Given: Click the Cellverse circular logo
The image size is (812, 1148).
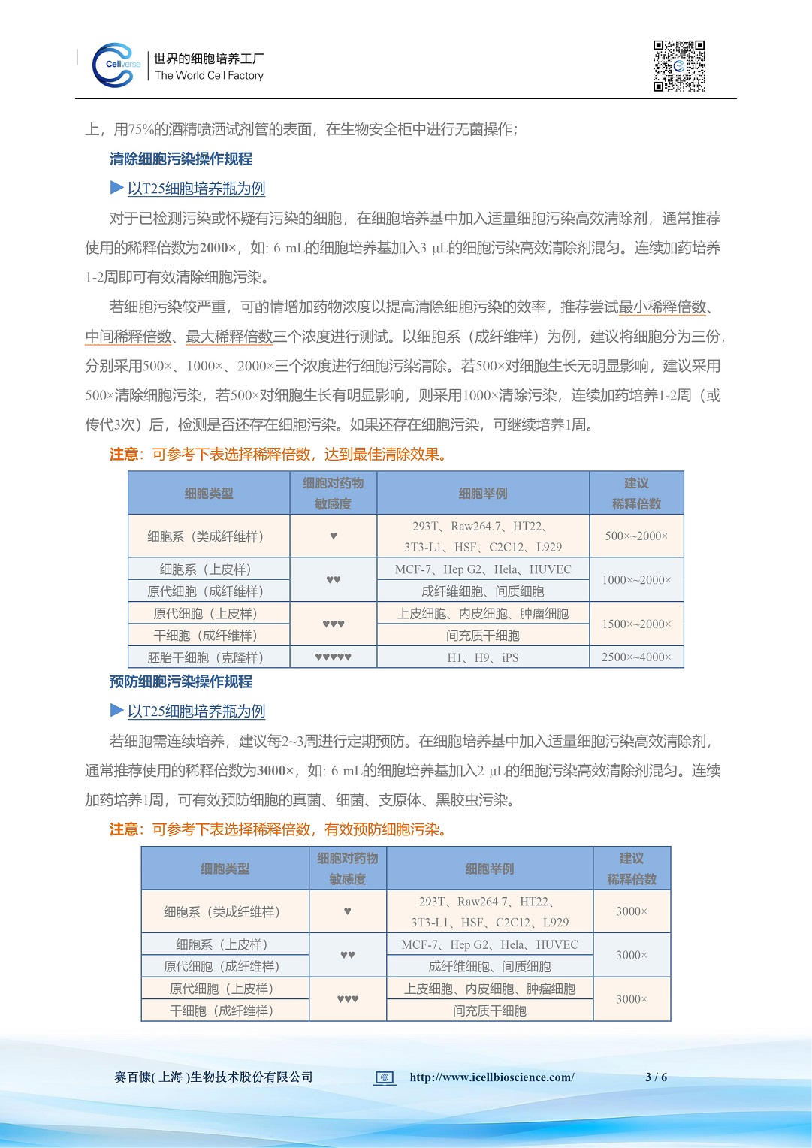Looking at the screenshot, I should click(x=116, y=65).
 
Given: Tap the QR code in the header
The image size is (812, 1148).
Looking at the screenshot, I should click(x=679, y=66).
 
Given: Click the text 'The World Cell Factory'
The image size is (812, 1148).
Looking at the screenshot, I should click(x=209, y=75).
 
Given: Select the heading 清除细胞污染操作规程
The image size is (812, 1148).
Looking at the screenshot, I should click(x=181, y=159).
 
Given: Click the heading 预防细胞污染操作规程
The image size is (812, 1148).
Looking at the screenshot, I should click(x=181, y=681).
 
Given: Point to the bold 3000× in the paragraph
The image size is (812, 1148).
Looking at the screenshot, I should click(x=275, y=771).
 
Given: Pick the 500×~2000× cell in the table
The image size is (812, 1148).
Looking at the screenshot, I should click(x=636, y=536).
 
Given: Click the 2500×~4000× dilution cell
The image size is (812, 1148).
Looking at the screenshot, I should click(x=636, y=657).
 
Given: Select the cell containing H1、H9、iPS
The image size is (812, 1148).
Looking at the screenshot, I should click(x=483, y=657).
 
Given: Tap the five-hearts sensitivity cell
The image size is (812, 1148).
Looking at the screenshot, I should click(x=333, y=657).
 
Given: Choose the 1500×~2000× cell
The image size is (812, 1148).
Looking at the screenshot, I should click(x=636, y=624).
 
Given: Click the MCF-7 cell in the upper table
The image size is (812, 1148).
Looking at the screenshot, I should click(x=483, y=569).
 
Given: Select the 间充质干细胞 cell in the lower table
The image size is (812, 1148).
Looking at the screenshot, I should click(x=490, y=1011).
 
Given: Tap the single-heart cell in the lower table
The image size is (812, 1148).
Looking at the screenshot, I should click(x=347, y=911).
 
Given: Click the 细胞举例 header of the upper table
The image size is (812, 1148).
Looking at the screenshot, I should click(x=483, y=494).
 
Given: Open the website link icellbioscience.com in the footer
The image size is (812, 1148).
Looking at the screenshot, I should click(x=492, y=1077).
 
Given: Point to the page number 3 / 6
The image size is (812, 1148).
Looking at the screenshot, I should click(x=656, y=1077).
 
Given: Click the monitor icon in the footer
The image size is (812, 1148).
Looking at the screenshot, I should click(x=385, y=1078).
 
